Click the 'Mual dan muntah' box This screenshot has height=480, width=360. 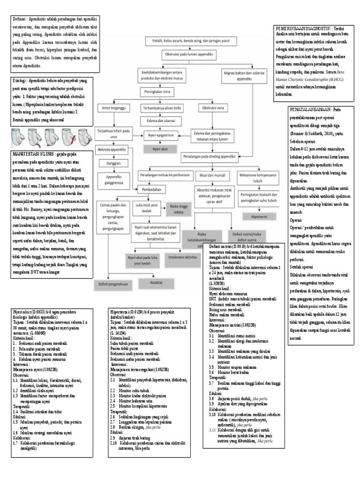click(210, 175)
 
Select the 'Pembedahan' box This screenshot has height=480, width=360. click(149, 190)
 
